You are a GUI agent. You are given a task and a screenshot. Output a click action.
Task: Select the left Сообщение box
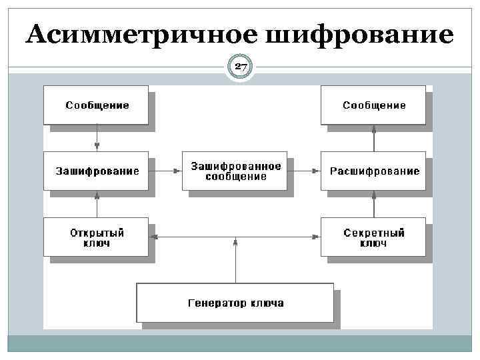click(96, 105)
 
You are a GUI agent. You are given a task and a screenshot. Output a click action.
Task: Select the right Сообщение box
click(373, 105)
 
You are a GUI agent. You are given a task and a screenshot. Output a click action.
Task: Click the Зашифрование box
click(96, 171)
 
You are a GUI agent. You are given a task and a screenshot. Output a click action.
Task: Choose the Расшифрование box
click(373, 171)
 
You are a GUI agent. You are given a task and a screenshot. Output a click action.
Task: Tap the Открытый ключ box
click(96, 237)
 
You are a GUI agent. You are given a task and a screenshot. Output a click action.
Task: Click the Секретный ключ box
click(373, 237)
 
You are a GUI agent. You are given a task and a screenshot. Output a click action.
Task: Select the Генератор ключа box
click(235, 303)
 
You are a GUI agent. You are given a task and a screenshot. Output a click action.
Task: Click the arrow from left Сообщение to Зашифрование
click(97, 138)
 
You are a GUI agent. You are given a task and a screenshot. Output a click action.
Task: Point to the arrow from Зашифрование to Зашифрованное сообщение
click(165, 171)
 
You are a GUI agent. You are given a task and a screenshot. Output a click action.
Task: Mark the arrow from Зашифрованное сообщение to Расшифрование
click(304, 171)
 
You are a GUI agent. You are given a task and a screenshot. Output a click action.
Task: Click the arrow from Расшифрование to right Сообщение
click(373, 138)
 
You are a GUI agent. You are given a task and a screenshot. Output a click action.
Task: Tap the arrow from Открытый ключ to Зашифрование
click(97, 204)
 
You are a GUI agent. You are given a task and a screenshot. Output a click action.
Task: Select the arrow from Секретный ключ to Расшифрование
click(373, 204)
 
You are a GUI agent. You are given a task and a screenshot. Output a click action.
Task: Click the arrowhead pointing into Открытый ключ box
click(153, 237)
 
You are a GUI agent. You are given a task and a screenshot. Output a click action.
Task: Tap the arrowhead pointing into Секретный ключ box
click(317, 237)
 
